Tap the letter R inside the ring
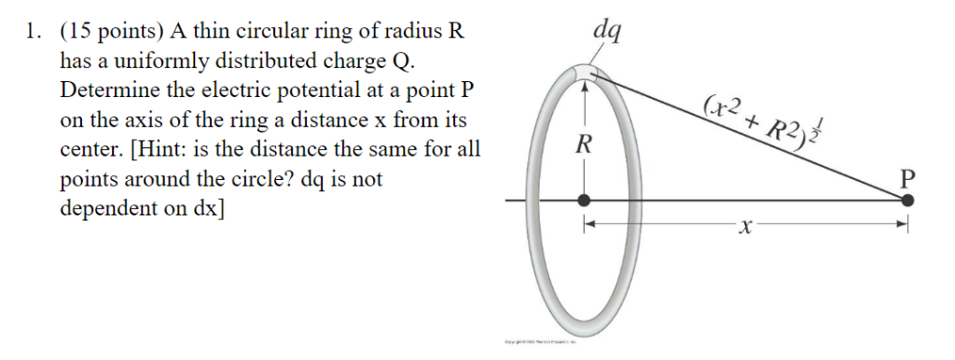[584, 145]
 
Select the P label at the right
[907, 176]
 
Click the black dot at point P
[908, 200]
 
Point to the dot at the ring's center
[584, 200]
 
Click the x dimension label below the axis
[743, 227]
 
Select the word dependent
[111, 208]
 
